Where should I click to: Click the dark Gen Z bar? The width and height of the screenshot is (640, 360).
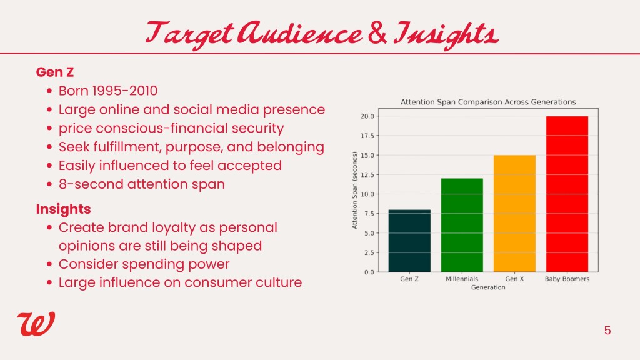pos(409,241)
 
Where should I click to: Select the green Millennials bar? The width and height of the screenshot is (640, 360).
pos(462,225)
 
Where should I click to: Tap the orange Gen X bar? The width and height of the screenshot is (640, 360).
pos(515,214)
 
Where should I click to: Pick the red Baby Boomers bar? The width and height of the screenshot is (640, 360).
pos(567,194)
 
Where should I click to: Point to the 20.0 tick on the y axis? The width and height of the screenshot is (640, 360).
pos(367,116)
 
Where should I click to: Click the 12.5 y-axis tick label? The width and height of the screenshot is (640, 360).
pos(367,175)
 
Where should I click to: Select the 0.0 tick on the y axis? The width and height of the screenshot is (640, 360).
pos(369,272)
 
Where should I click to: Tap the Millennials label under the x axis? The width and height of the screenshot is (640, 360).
pos(462,279)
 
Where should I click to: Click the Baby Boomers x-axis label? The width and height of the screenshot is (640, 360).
pos(567,279)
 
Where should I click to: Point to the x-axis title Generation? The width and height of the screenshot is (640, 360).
pos(488,287)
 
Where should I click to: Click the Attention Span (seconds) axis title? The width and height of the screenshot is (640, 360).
pos(354,190)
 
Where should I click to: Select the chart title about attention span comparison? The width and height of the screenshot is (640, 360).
pos(488,102)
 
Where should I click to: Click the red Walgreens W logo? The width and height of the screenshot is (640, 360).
pos(36,324)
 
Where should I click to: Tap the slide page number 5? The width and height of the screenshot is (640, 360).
pos(607,330)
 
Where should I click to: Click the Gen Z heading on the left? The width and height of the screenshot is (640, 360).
pos(55,72)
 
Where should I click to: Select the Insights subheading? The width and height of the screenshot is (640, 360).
pos(63,209)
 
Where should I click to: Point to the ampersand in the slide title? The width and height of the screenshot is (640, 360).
pos(377,34)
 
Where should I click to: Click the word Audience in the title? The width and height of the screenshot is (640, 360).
pos(300,33)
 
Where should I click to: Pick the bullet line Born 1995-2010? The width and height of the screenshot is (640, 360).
pos(107,91)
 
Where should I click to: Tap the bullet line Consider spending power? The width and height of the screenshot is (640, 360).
pos(144,264)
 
